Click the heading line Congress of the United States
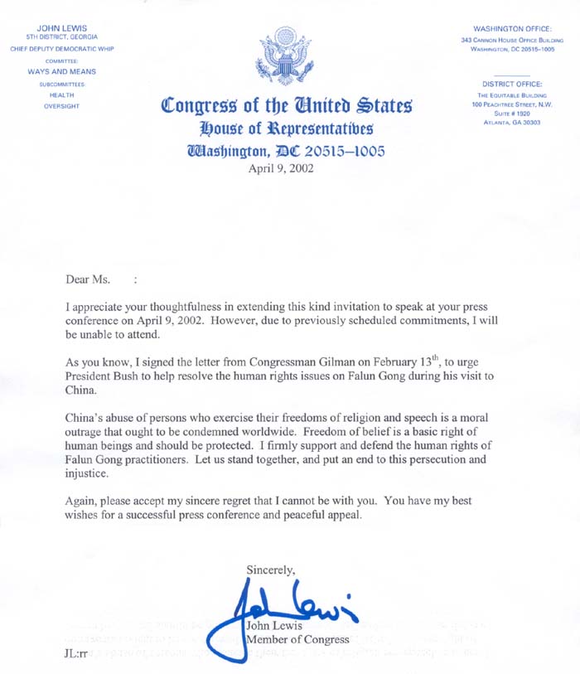(x=286, y=107)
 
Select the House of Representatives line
(x=285, y=128)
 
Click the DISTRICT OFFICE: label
(x=511, y=83)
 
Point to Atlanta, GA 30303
(x=511, y=123)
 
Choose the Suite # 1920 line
(x=511, y=114)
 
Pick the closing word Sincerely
(x=270, y=569)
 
